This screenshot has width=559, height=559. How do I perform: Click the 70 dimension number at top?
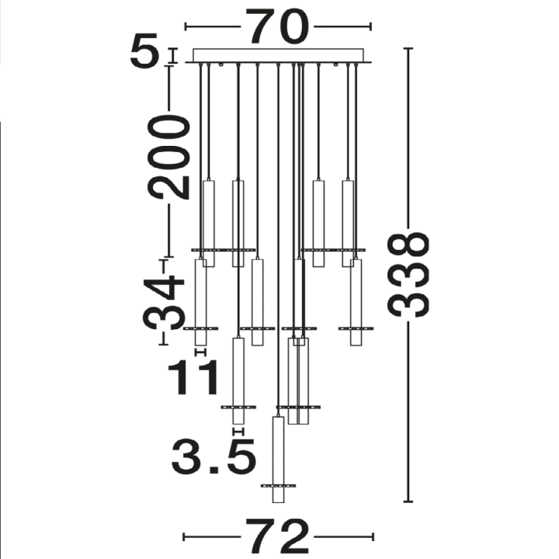tap(278, 26)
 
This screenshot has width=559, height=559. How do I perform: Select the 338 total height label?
tap(408, 275)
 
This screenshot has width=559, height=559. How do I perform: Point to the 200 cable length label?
tap(169, 157)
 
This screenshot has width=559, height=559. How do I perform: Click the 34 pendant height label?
tap(164, 302)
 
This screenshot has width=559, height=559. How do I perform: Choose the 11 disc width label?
tap(193, 377)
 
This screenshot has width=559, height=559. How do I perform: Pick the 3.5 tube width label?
tap(214, 456)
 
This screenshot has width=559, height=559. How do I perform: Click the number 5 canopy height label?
tap(144, 50)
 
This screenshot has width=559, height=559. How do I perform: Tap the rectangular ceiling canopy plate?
tap(278, 56)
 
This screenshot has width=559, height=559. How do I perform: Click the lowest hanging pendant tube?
tap(278, 459)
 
